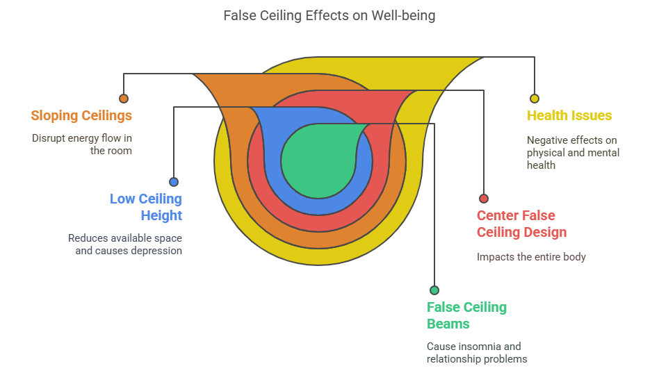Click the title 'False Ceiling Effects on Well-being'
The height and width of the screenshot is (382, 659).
click(329, 15)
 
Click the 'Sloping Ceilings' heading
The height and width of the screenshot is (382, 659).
click(81, 115)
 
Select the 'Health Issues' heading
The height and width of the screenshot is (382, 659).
click(569, 115)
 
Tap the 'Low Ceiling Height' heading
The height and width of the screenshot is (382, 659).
click(146, 207)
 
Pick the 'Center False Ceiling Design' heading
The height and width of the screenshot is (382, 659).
click(521, 224)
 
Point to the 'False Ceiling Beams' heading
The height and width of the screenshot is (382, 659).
click(466, 315)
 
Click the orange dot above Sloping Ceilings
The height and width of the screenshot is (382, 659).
click(124, 99)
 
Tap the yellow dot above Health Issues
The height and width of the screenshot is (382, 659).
click(534, 99)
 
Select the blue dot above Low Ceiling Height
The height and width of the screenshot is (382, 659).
click(174, 182)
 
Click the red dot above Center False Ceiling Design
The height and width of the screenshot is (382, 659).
click(484, 199)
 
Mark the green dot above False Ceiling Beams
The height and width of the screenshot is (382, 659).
click(434, 290)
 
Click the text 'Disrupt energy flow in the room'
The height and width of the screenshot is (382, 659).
click(82, 144)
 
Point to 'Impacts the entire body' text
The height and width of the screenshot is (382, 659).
click(531, 257)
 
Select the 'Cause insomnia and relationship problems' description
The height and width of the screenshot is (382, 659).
click(477, 352)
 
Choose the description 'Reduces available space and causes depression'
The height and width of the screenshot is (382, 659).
click(125, 244)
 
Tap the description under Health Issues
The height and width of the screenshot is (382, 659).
click(573, 152)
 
